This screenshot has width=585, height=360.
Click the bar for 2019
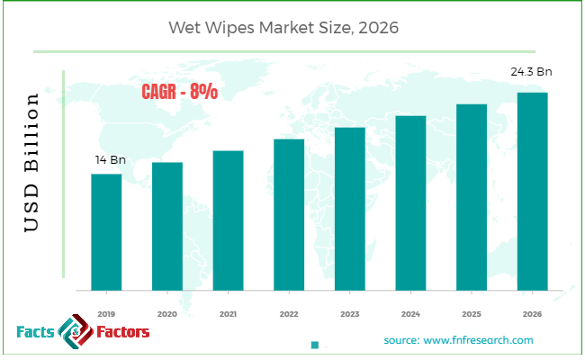click(x=106, y=231)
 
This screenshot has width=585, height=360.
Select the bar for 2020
click(x=167, y=226)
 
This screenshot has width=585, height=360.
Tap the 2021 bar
click(x=228, y=220)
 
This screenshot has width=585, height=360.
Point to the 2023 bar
click(x=350, y=209)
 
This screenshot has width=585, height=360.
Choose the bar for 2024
click(x=410, y=202)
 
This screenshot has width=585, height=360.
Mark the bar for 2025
click(x=472, y=197)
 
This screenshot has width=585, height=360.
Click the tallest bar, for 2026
click(x=533, y=191)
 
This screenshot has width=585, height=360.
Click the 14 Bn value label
click(x=110, y=160)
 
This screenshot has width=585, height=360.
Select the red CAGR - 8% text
click(x=178, y=92)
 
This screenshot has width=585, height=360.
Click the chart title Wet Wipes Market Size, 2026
click(x=283, y=28)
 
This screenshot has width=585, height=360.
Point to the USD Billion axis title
click(x=32, y=164)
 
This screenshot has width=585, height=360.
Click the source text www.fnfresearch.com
click(x=458, y=340)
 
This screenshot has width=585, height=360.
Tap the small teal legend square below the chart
click(x=315, y=345)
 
